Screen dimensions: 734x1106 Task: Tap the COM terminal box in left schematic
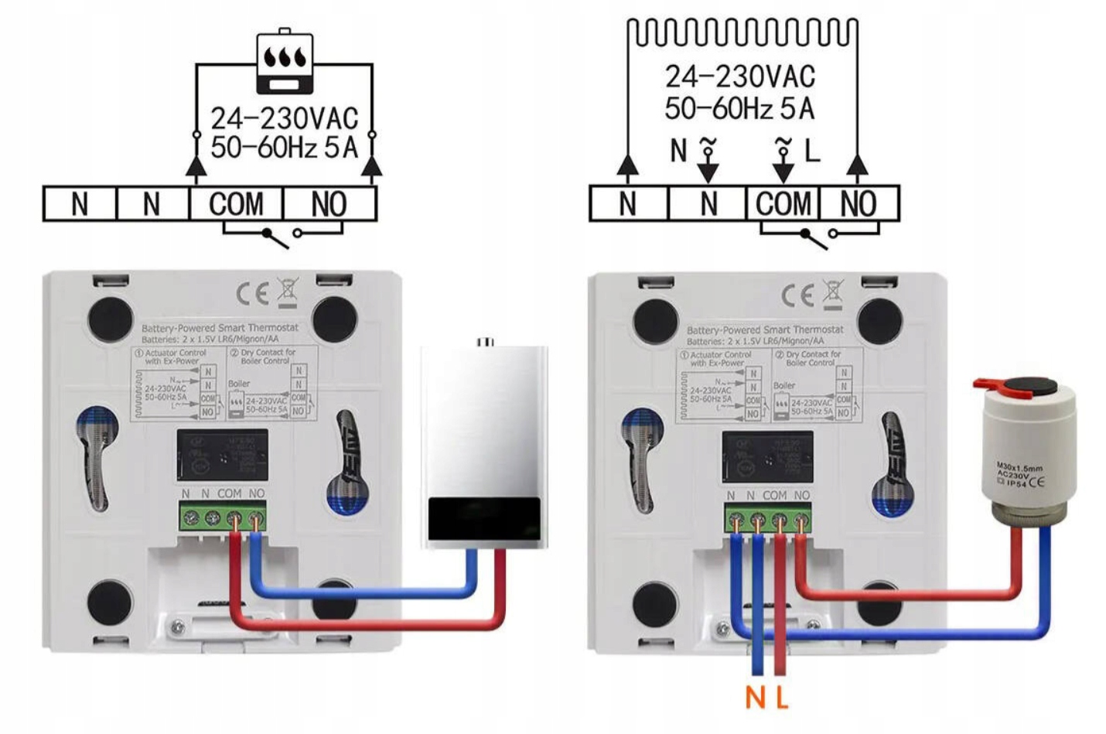[236, 204]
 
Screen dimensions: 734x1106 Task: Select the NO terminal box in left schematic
[329, 204]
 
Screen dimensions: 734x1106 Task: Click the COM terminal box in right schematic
[783, 204]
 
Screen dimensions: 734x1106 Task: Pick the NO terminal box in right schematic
[859, 204]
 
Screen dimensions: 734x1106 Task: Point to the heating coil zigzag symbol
[742, 32]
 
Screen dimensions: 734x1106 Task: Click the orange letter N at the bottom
[755, 698]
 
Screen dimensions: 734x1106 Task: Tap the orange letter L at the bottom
[782, 698]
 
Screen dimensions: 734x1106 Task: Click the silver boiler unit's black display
[483, 519]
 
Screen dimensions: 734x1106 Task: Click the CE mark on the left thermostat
[252, 293]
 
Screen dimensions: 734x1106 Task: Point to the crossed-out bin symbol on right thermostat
[832, 292]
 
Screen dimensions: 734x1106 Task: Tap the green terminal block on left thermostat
[223, 517]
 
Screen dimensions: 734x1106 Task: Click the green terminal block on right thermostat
[768, 518]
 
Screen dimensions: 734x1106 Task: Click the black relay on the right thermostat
[766, 457]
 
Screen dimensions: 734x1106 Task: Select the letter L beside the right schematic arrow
[811, 152]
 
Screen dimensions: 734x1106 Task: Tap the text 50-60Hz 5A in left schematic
[284, 147]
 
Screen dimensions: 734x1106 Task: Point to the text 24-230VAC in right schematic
[740, 77]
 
